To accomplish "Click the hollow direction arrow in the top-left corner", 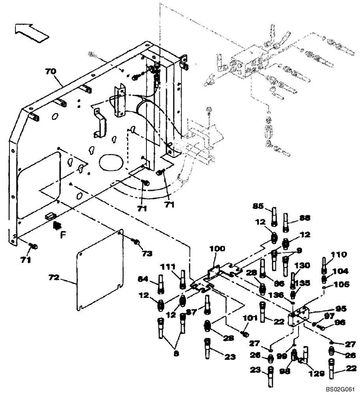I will pos(31,32).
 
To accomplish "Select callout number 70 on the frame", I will pos(51,72).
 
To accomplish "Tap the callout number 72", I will pos(54,278).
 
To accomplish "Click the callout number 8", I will pos(176,354).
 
